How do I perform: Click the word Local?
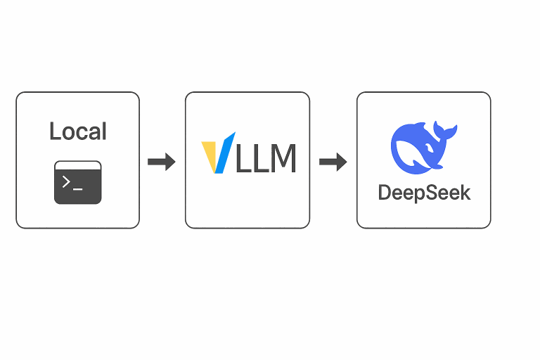[x=77, y=131]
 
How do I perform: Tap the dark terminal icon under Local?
[x=77, y=183]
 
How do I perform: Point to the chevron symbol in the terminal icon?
[x=67, y=181]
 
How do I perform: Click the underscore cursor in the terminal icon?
[x=78, y=187]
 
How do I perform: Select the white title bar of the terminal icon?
[x=77, y=165]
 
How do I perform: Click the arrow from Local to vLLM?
[x=161, y=162]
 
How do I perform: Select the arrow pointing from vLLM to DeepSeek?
[x=333, y=162]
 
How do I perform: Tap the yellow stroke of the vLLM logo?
[x=210, y=155]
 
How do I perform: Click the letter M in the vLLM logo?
[x=282, y=157]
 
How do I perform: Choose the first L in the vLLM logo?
[x=243, y=157]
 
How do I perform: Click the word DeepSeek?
[x=424, y=192]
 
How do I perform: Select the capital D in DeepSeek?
[x=385, y=192]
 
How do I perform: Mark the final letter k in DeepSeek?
[x=465, y=192]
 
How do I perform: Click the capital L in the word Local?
[x=54, y=131]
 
